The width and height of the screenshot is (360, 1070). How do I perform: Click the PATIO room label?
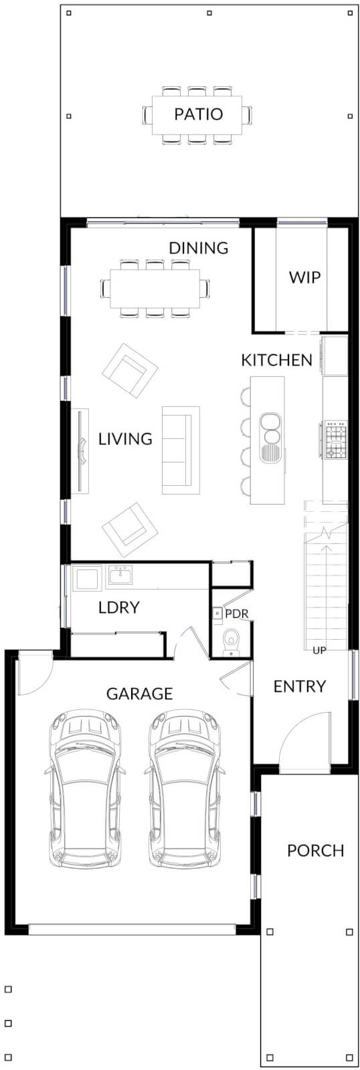pyautogui.click(x=198, y=114)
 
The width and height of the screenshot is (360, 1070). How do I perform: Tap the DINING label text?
pyautogui.click(x=198, y=248)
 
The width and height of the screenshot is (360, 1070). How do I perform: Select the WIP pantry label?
pyautogui.click(x=304, y=277)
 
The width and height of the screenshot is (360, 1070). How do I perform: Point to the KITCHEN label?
pyautogui.click(x=276, y=360)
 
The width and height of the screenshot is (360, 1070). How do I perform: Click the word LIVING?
pyautogui.click(x=125, y=439)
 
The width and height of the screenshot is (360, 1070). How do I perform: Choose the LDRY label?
pyautogui.click(x=118, y=608)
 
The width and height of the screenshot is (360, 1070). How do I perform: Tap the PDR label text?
pyautogui.click(x=236, y=613)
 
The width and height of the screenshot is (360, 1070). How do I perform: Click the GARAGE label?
pyautogui.click(x=139, y=694)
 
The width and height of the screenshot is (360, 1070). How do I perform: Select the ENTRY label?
pyautogui.click(x=299, y=687)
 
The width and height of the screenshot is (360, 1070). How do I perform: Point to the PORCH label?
pyautogui.click(x=315, y=851)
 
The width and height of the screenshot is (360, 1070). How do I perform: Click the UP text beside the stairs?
pyautogui.click(x=320, y=650)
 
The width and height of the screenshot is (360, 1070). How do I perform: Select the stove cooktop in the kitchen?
pyautogui.click(x=335, y=440)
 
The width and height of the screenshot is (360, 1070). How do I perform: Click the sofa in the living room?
pyautogui.click(x=180, y=450)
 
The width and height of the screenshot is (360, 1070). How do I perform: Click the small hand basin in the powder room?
pyautogui.click(x=217, y=612)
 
